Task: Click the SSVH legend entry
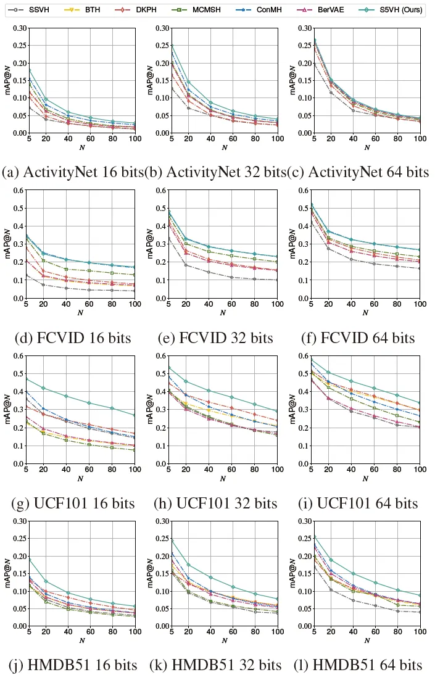tap(32, 10)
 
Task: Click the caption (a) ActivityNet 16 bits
tap(73, 172)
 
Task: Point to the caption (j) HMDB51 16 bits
tap(73, 665)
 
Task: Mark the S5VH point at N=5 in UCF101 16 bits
tap(27, 379)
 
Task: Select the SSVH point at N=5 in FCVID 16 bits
tap(27, 275)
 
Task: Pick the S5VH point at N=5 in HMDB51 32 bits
tap(170, 541)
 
